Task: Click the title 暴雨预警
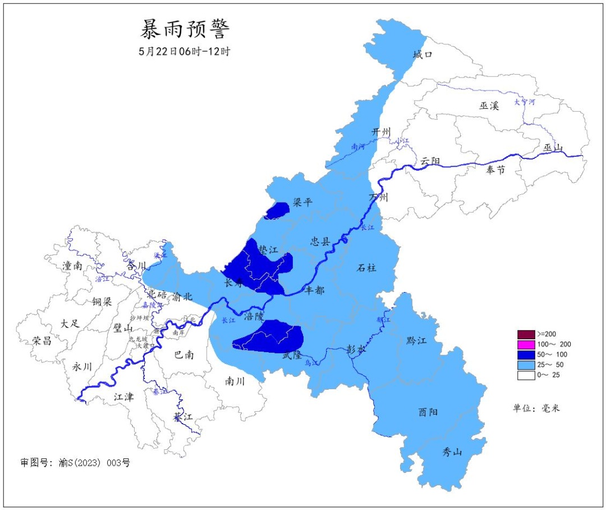coord(185,28)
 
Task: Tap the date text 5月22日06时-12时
coord(185,51)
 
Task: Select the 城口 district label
coord(423,54)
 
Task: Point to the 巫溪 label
coord(489,106)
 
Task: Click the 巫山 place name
coord(553,148)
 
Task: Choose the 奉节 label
coord(495,170)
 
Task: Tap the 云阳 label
coord(430,162)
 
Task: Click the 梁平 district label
coord(302,203)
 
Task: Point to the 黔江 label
coord(416,341)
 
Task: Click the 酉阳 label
coord(428,412)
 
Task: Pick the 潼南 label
coord(73,266)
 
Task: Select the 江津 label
coord(124,397)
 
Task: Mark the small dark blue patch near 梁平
coord(277,210)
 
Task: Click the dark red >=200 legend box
coord(526,334)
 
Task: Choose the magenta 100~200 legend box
coord(526,344)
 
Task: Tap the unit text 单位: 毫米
coord(536,408)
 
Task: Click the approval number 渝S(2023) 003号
coord(93,463)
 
